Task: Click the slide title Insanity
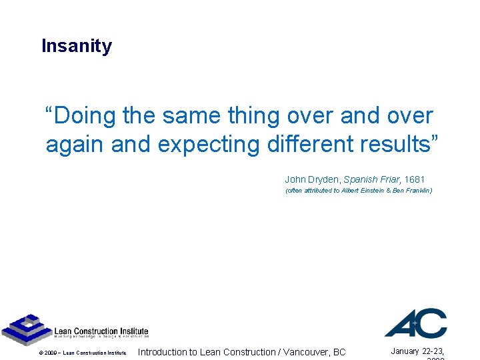pos(77,46)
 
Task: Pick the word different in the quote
pos(315,144)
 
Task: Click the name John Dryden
pos(312,179)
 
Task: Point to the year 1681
pos(414,179)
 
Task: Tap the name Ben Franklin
pos(411,191)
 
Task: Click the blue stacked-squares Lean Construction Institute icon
pos(27,329)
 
